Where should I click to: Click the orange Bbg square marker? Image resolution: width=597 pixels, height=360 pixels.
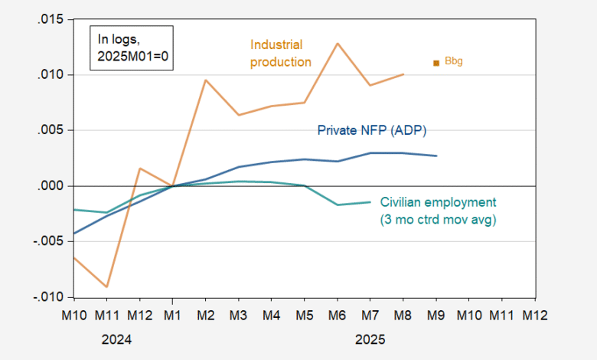[436, 63]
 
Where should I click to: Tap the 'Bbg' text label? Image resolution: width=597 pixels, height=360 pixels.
[454, 61]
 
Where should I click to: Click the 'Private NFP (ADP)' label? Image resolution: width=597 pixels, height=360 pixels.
[366, 130]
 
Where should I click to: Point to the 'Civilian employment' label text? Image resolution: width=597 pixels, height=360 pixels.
[438, 202]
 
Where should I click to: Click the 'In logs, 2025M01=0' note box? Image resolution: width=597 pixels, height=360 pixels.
[130, 47]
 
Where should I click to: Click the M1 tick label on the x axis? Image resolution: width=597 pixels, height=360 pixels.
[172, 315]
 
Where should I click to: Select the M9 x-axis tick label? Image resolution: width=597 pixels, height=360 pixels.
[436, 315]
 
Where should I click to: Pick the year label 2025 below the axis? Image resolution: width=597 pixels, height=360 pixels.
[370, 339]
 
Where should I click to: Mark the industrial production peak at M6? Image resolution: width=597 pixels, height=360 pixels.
[338, 44]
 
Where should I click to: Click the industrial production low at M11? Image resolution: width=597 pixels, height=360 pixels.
[106, 286]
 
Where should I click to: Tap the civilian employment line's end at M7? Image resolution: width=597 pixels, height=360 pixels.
[370, 202]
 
